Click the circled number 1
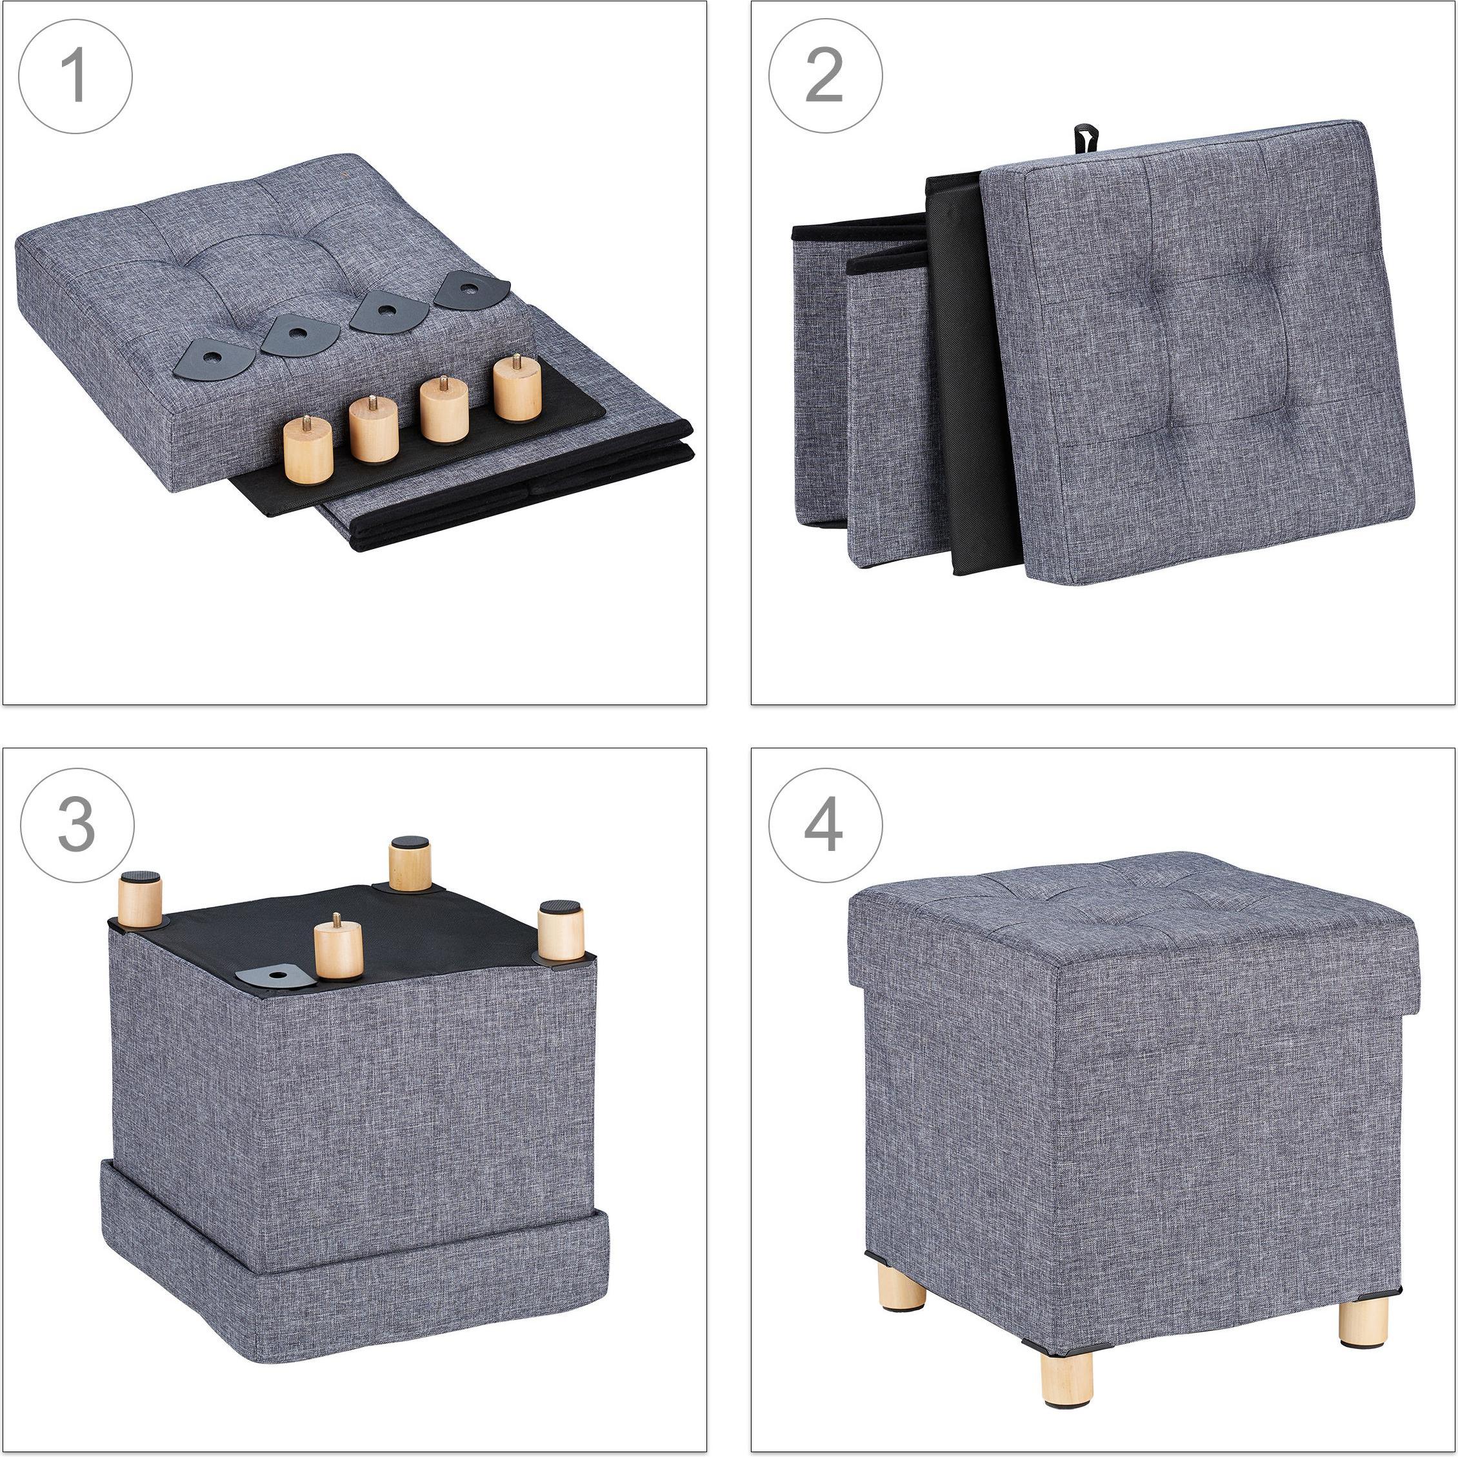[x=75, y=77]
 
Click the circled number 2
[x=825, y=77]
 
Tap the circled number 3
[x=76, y=825]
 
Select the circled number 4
[x=825, y=825]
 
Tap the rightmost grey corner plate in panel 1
[x=471, y=290]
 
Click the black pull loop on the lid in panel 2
[x=1085, y=139]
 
